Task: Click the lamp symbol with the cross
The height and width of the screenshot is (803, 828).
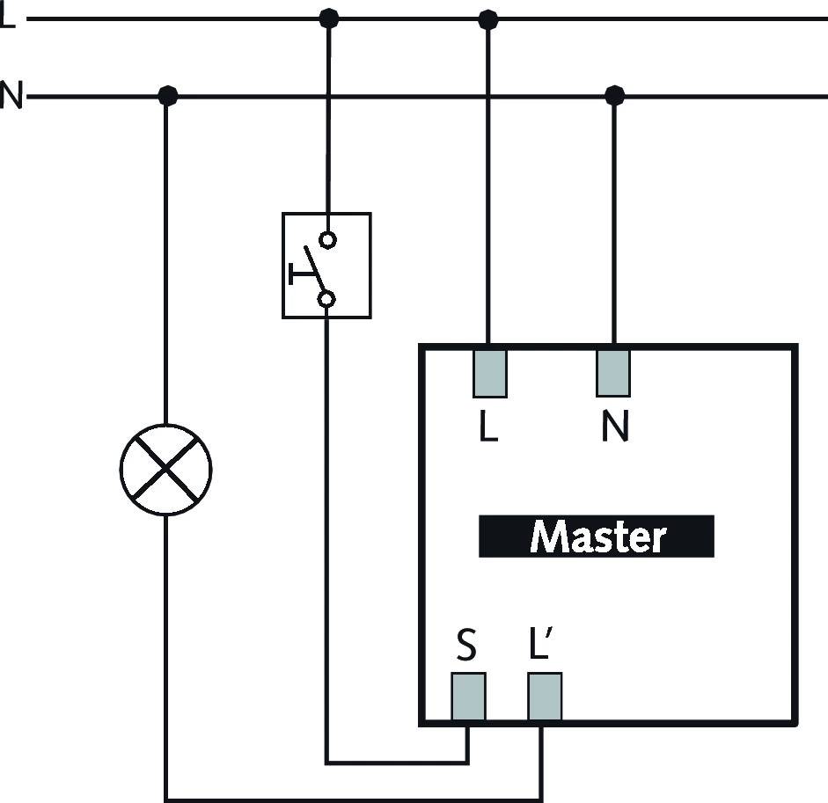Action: pyautogui.click(x=165, y=470)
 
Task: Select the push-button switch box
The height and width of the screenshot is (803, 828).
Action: pyautogui.click(x=326, y=265)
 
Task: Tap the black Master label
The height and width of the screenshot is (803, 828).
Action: pyautogui.click(x=596, y=537)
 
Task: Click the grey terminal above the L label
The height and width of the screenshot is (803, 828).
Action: pyautogui.click(x=489, y=373)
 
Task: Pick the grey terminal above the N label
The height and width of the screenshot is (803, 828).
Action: pyautogui.click(x=613, y=373)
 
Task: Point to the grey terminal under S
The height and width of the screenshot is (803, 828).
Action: pyautogui.click(x=468, y=697)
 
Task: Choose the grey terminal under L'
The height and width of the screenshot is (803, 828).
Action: pyautogui.click(x=545, y=697)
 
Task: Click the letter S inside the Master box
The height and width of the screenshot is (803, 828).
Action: pyautogui.click(x=466, y=646)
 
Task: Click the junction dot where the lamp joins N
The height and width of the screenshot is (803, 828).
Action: pyautogui.click(x=167, y=95)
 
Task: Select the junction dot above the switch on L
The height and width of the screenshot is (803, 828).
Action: pyautogui.click(x=328, y=18)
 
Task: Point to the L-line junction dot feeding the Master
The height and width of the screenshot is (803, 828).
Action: pyautogui.click(x=488, y=18)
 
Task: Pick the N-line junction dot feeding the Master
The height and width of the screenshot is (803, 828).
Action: pyautogui.click(x=614, y=95)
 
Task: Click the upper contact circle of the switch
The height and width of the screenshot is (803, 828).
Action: pyautogui.click(x=327, y=239)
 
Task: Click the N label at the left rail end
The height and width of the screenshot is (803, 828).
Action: pyautogui.click(x=11, y=94)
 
